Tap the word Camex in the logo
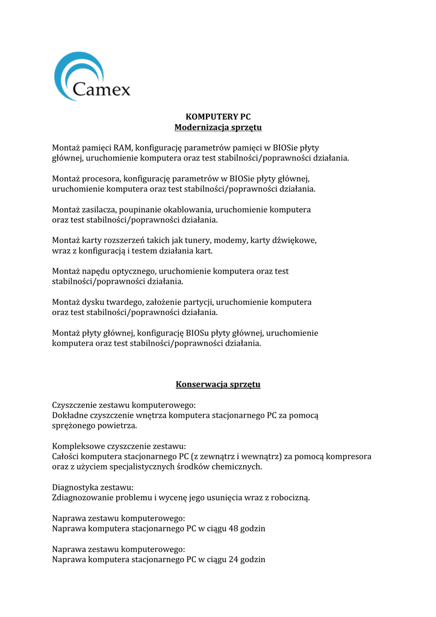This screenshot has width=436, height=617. click(101, 90)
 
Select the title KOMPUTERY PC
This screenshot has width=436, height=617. click(217, 116)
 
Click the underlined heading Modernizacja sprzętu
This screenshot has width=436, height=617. click(217, 128)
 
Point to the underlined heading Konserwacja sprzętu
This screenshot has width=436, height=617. click(217, 384)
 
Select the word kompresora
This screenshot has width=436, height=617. click(348, 457)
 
